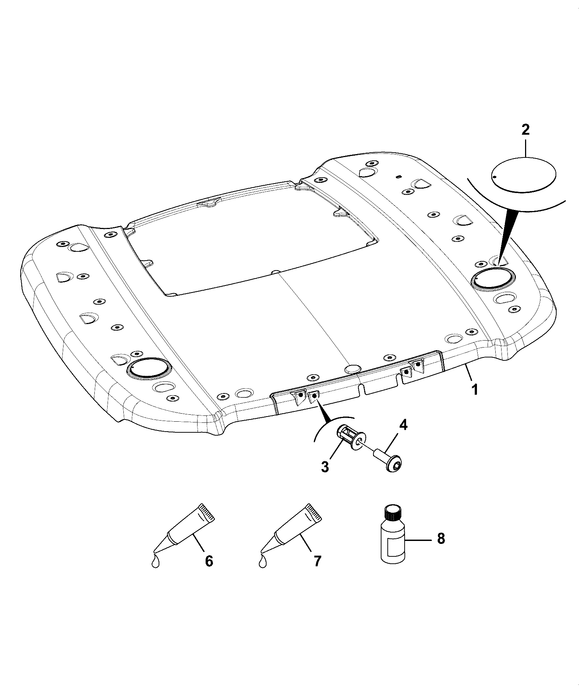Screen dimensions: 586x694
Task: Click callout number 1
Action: (475, 389)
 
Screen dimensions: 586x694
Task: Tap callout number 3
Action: (325, 467)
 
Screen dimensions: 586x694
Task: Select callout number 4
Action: (403, 425)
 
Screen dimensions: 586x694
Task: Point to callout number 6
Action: (209, 571)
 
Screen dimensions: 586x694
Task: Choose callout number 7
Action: (317, 571)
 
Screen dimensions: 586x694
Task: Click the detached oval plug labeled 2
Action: (524, 174)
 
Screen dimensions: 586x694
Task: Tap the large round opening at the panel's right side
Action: (492, 279)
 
